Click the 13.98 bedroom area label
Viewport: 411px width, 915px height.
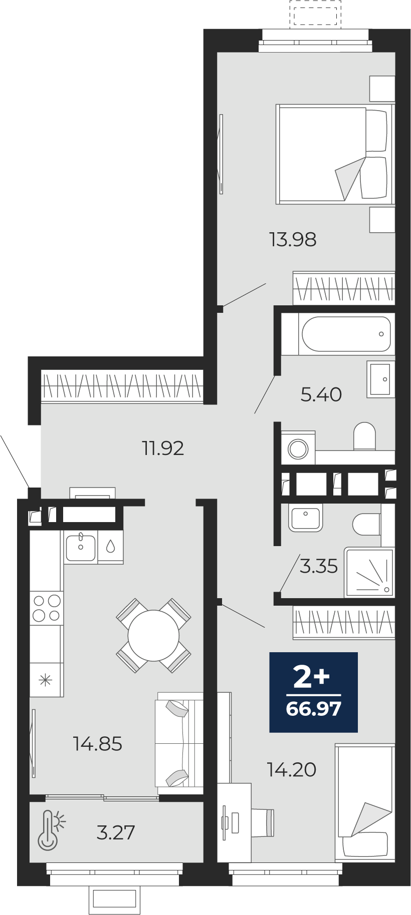click(x=293, y=240)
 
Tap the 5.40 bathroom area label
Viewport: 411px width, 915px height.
click(x=321, y=394)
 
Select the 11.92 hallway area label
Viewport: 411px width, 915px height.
click(x=163, y=448)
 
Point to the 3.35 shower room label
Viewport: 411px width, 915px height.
click(x=319, y=566)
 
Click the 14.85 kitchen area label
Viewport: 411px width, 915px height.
click(x=98, y=744)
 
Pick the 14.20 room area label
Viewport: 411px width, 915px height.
click(x=292, y=769)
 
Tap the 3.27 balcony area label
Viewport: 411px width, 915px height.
click(x=116, y=832)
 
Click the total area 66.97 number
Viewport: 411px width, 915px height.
click(x=314, y=709)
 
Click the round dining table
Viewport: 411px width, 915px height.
click(x=153, y=636)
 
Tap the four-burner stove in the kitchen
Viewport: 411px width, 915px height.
click(x=47, y=608)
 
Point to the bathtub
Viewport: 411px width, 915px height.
click(x=346, y=334)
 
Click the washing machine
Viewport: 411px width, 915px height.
click(x=298, y=447)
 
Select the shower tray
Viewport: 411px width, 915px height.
click(x=369, y=572)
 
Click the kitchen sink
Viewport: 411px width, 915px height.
click(x=81, y=547)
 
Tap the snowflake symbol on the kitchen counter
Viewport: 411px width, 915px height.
click(x=46, y=680)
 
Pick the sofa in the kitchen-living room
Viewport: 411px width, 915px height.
click(x=179, y=743)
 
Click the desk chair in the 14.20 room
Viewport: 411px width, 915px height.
click(x=263, y=823)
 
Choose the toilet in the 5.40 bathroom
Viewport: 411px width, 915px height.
click(x=364, y=436)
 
